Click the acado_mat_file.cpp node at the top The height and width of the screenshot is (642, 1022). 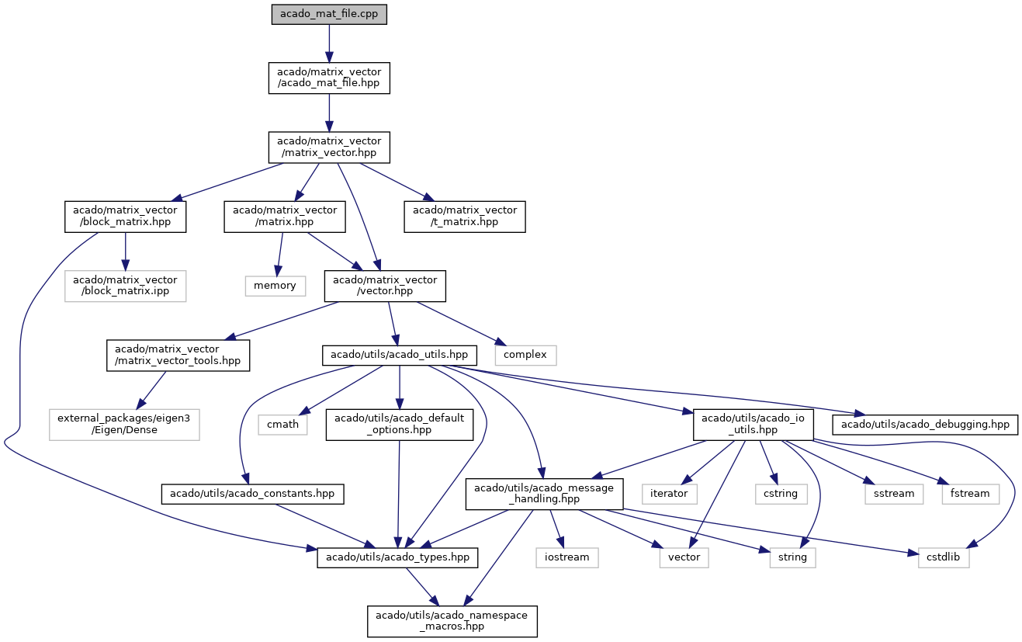pyautogui.click(x=329, y=14)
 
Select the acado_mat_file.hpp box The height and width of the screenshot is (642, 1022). pyautogui.click(x=329, y=78)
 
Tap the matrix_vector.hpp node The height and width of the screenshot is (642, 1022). pyautogui.click(x=329, y=147)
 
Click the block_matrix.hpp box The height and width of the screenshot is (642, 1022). pyautogui.click(x=126, y=217)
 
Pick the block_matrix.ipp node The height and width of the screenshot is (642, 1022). pyautogui.click(x=126, y=286)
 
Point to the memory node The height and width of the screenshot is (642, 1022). pyautogui.click(x=275, y=286)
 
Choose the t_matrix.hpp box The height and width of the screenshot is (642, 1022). pyautogui.click(x=465, y=217)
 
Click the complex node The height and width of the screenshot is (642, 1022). pyautogui.click(x=525, y=355)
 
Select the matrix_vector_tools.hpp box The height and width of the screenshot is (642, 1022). pyautogui.click(x=178, y=356)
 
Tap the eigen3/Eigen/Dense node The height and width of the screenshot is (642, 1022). pyautogui.click(x=124, y=425)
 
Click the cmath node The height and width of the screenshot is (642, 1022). pyautogui.click(x=282, y=425)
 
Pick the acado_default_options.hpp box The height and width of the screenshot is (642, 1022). pyautogui.click(x=399, y=425)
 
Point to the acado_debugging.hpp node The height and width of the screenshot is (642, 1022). pyautogui.click(x=925, y=425)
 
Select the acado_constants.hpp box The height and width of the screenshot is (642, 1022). pyautogui.click(x=252, y=495)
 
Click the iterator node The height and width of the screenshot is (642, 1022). pyautogui.click(x=670, y=495)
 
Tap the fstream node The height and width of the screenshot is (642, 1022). pyautogui.click(x=971, y=495)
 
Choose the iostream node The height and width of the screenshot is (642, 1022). pyautogui.click(x=567, y=557)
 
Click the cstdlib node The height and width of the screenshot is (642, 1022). pyautogui.click(x=944, y=557)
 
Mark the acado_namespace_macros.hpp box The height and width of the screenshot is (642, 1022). pyautogui.click(x=452, y=622)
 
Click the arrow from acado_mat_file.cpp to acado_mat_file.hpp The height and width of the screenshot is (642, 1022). pyautogui.click(x=329, y=43)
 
